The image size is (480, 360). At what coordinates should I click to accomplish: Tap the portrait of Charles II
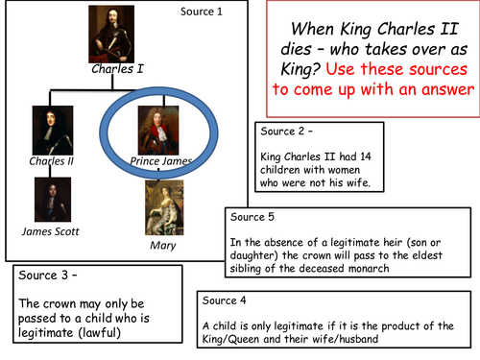46,129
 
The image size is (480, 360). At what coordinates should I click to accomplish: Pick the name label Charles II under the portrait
46,160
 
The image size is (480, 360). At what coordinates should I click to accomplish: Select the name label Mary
164,244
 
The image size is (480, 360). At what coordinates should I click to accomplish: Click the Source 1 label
201,12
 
